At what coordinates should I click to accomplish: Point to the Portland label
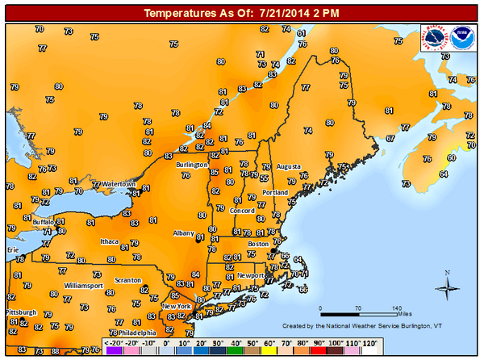click(x=275, y=193)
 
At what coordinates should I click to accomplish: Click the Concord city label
click(x=243, y=211)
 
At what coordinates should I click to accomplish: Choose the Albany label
click(x=184, y=233)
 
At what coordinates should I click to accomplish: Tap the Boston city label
click(x=258, y=244)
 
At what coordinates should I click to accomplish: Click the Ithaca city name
click(x=110, y=241)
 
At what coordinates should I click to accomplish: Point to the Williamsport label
click(x=84, y=286)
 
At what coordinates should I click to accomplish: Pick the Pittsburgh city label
click(x=21, y=312)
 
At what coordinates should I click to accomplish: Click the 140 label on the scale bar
click(x=396, y=309)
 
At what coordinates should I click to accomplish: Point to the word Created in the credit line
click(x=297, y=325)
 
